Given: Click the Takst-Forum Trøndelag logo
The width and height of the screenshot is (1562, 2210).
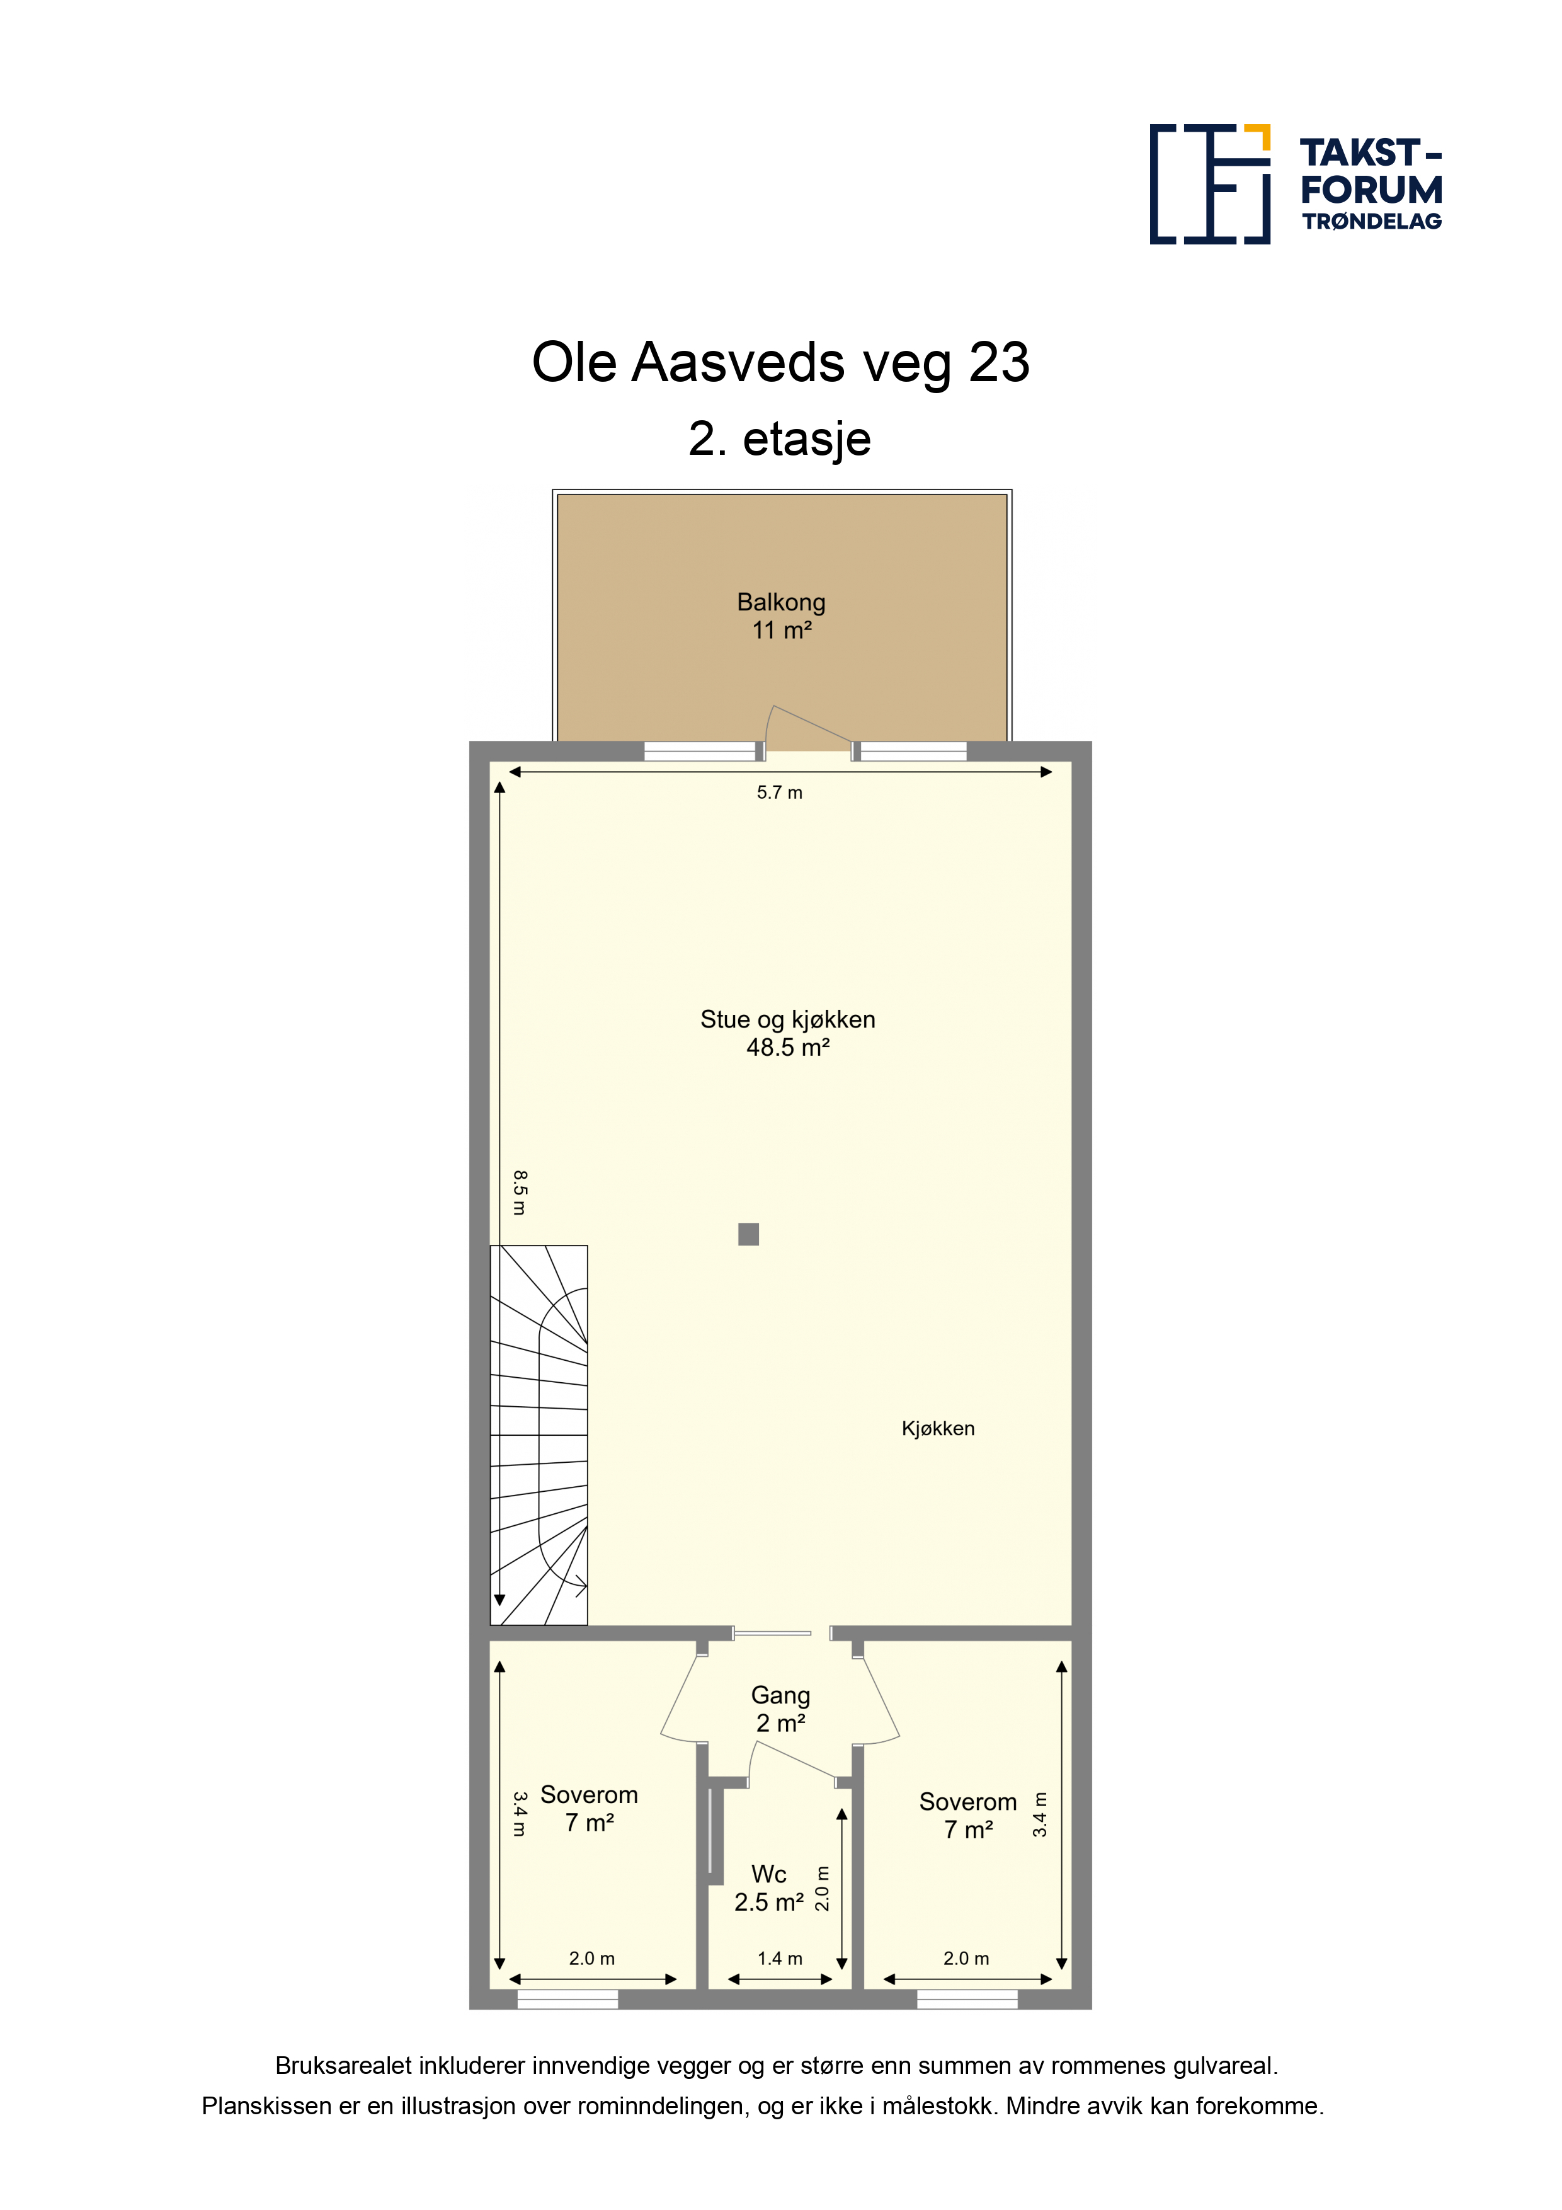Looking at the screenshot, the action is (1296, 184).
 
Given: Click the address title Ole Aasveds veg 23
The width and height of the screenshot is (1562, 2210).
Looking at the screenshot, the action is (780, 363).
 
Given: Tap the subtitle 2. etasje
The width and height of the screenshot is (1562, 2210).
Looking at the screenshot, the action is (780, 439).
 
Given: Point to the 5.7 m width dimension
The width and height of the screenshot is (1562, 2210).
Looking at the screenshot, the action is (780, 792).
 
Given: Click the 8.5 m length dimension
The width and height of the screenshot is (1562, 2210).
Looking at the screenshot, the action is (520, 1193).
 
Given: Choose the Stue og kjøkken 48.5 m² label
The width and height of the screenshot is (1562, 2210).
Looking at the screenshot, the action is (787, 1033).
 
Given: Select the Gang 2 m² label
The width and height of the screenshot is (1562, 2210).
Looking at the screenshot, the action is (780, 1709).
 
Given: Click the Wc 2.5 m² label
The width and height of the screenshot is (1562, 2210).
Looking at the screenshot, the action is (769, 1887).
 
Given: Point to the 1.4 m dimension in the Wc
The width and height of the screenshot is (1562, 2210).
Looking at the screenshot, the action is (780, 1958).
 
